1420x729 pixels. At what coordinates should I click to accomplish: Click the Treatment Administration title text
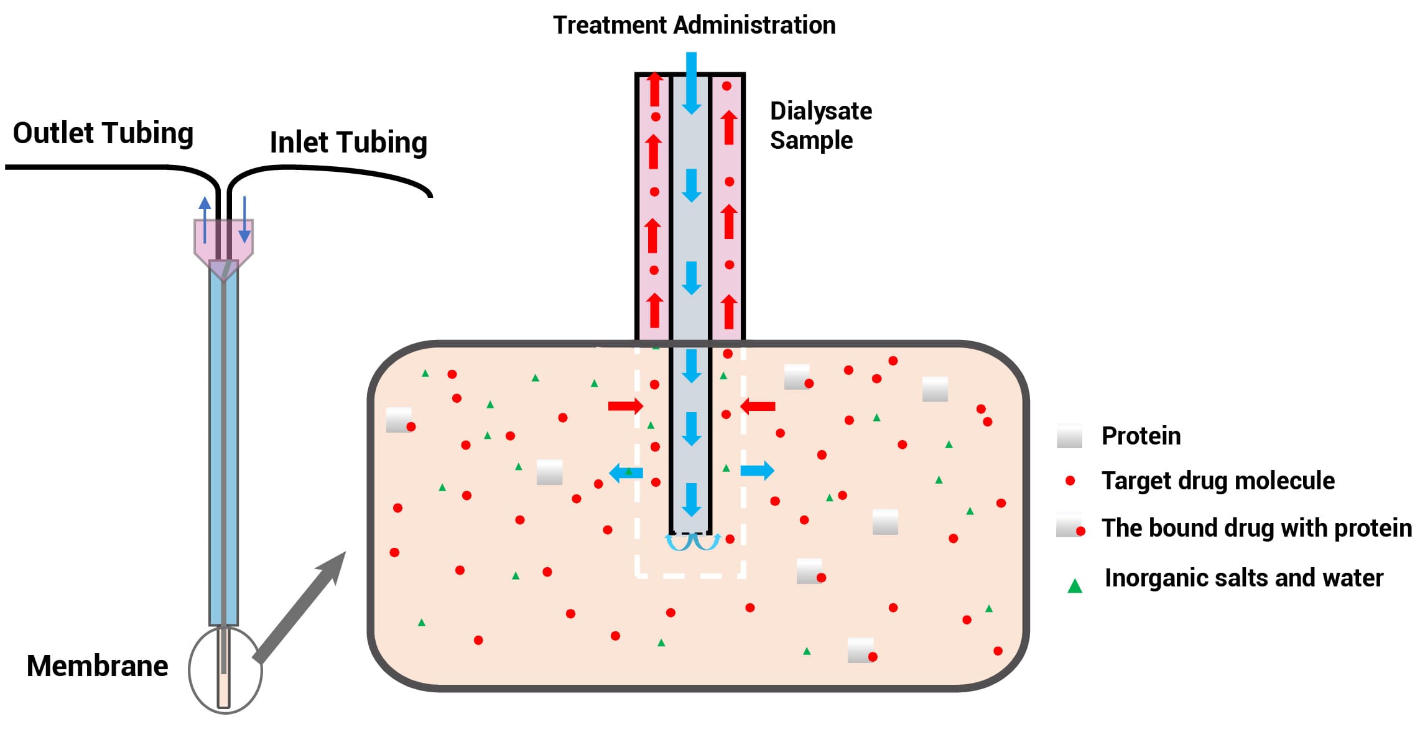[694, 26]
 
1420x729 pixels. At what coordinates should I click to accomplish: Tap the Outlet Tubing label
[103, 133]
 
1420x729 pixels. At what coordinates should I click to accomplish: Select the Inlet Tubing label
[348, 143]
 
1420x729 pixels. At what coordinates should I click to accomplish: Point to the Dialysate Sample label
[820, 125]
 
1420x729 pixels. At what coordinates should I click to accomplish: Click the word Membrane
[98, 666]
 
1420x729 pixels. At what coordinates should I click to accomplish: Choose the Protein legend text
[1141, 436]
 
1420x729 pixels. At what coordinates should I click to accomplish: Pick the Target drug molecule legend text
[1218, 481]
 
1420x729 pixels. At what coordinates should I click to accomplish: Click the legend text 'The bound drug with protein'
[1256, 528]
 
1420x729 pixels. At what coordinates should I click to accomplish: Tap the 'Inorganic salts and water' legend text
[1244, 578]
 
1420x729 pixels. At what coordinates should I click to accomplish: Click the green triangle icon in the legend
[1075, 586]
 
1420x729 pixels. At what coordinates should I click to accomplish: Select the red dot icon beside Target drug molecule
[1070, 481]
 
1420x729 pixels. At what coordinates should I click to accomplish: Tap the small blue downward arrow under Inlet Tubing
[244, 219]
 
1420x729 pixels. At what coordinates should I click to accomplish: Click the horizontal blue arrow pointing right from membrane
[757, 471]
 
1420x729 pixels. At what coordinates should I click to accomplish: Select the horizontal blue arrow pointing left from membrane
[626, 473]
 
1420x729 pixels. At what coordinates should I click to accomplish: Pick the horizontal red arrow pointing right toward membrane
[625, 407]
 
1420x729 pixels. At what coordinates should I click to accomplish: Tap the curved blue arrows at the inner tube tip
[693, 542]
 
